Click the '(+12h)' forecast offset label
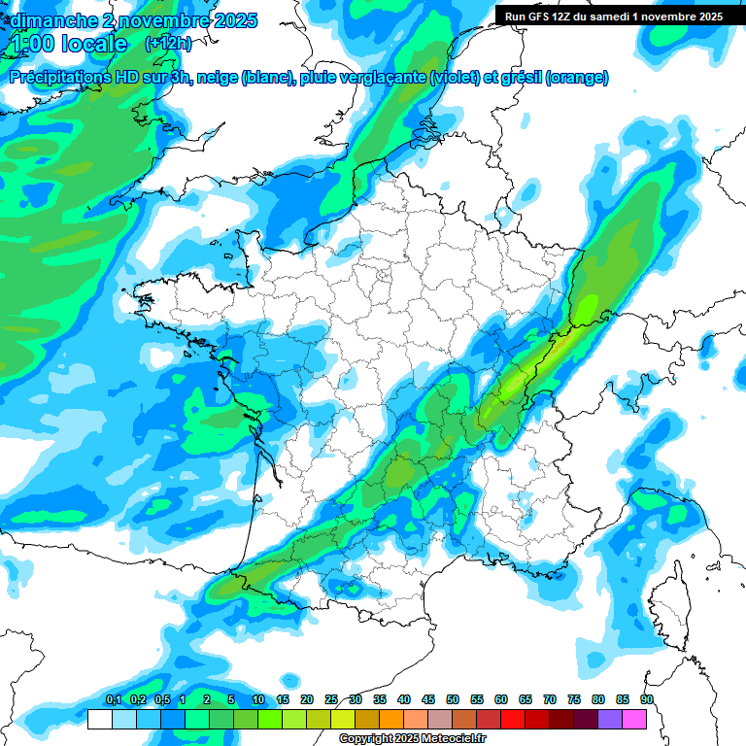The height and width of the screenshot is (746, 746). click(x=168, y=44)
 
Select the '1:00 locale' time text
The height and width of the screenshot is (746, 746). click(x=69, y=44)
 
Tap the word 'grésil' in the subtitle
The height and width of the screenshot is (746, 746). click(x=520, y=78)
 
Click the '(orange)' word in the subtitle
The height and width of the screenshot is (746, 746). click(x=578, y=78)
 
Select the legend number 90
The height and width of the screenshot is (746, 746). click(x=647, y=699)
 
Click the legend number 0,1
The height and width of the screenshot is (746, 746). click(x=114, y=699)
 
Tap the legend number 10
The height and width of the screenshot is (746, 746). click(x=258, y=699)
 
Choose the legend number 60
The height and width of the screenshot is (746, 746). click(x=501, y=699)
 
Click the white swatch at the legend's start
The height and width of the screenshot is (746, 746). click(x=99, y=719)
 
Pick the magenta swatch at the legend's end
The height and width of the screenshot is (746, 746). click(x=634, y=719)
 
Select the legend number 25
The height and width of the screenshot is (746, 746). click(x=331, y=699)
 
